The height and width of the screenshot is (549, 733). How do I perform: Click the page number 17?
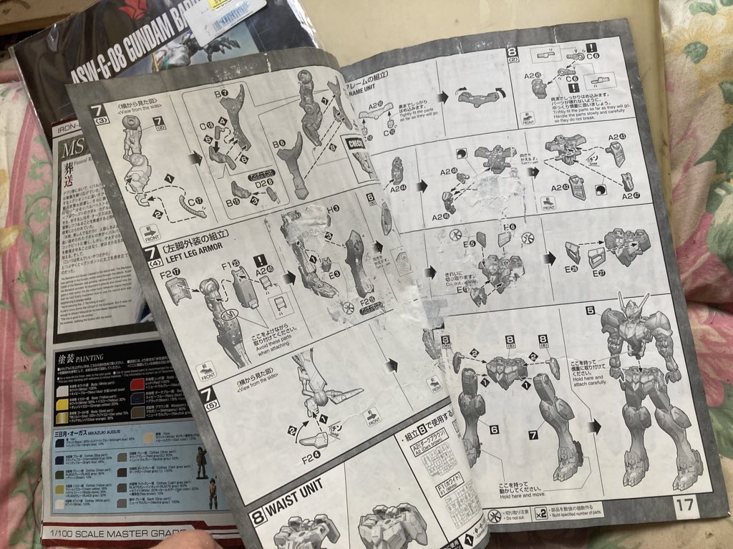pyautogui.click(x=684, y=504)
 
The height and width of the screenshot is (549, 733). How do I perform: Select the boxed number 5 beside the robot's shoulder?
pyautogui.click(x=591, y=311)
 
